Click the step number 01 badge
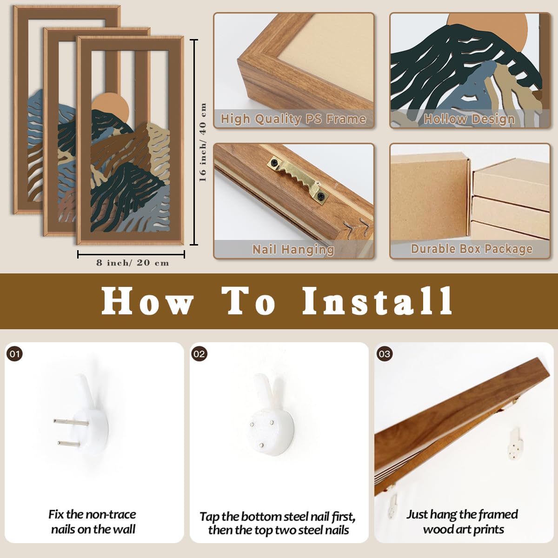14,354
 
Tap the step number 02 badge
199,354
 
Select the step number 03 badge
385,354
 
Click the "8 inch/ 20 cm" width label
133,263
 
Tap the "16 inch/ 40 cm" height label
203,142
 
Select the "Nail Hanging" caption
293,249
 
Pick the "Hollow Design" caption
469,119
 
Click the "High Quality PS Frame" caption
293,119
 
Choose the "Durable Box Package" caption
472,249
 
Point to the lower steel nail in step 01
68,443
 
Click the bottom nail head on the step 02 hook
262,445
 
